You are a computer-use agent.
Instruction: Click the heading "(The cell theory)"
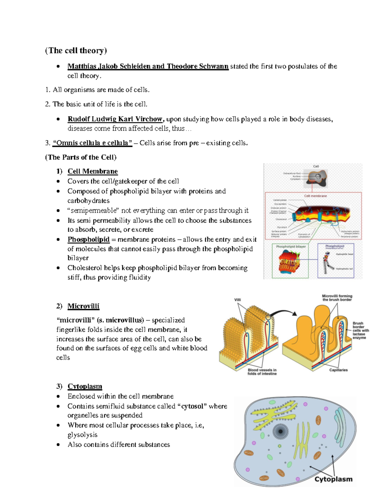click(x=76, y=50)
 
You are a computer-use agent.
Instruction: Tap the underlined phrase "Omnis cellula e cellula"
click(x=92, y=143)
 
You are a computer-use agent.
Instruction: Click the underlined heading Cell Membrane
click(x=93, y=171)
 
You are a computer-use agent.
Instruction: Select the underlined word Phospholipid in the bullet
click(x=88, y=240)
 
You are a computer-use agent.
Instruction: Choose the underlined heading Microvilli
click(x=83, y=306)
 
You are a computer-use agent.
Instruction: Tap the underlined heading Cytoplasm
click(x=85, y=386)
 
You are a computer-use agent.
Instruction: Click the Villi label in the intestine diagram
click(x=237, y=300)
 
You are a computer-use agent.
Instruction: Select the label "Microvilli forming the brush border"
click(x=337, y=298)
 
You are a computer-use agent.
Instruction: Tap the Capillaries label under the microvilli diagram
click(x=338, y=370)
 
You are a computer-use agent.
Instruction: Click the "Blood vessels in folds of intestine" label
click(x=262, y=372)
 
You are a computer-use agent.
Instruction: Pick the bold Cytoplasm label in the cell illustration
click(x=333, y=479)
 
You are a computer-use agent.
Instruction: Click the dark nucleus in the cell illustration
click(x=281, y=431)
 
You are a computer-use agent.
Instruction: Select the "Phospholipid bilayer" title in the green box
click(x=291, y=246)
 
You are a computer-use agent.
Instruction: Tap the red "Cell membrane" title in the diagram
click(x=315, y=196)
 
